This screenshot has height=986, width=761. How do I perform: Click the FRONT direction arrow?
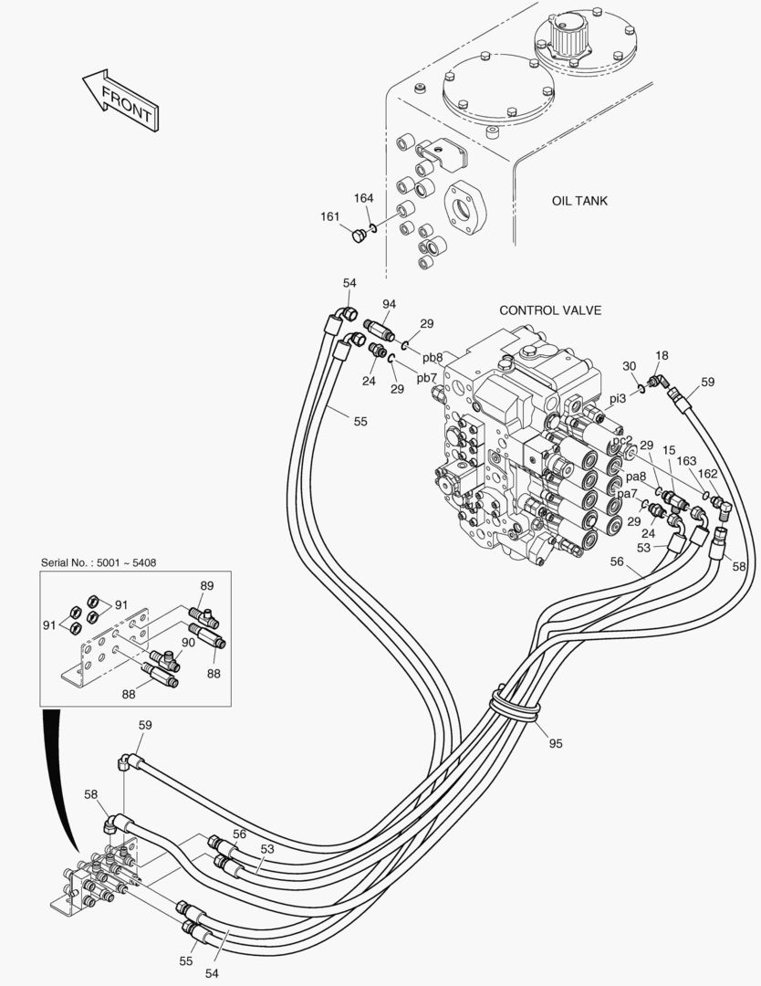tap(120, 100)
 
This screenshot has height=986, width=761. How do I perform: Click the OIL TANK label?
tap(580, 201)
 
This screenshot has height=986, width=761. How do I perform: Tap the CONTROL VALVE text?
tap(550, 310)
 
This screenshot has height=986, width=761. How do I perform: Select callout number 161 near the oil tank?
tap(330, 217)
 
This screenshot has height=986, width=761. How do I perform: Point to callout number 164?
tap(363, 198)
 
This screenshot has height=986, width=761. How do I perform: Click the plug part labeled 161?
tap(359, 236)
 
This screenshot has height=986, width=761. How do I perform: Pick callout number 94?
tap(390, 304)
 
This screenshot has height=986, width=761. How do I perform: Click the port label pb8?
tap(433, 358)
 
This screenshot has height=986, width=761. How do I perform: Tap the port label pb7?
tap(427, 378)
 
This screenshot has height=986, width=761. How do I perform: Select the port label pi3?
tap(618, 399)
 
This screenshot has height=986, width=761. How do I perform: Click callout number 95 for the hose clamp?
tap(556, 743)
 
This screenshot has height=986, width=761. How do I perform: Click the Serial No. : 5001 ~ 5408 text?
tap(99, 562)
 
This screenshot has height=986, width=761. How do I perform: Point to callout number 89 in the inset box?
tap(207, 585)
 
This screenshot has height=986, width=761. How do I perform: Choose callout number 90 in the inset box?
tap(189, 643)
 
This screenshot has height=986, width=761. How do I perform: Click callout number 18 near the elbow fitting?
tap(661, 355)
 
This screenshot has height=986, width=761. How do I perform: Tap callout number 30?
tap(629, 366)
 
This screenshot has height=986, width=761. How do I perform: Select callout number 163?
tap(686, 462)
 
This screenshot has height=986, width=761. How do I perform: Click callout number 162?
tap(707, 474)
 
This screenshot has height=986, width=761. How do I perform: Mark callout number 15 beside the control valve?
tap(669, 450)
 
